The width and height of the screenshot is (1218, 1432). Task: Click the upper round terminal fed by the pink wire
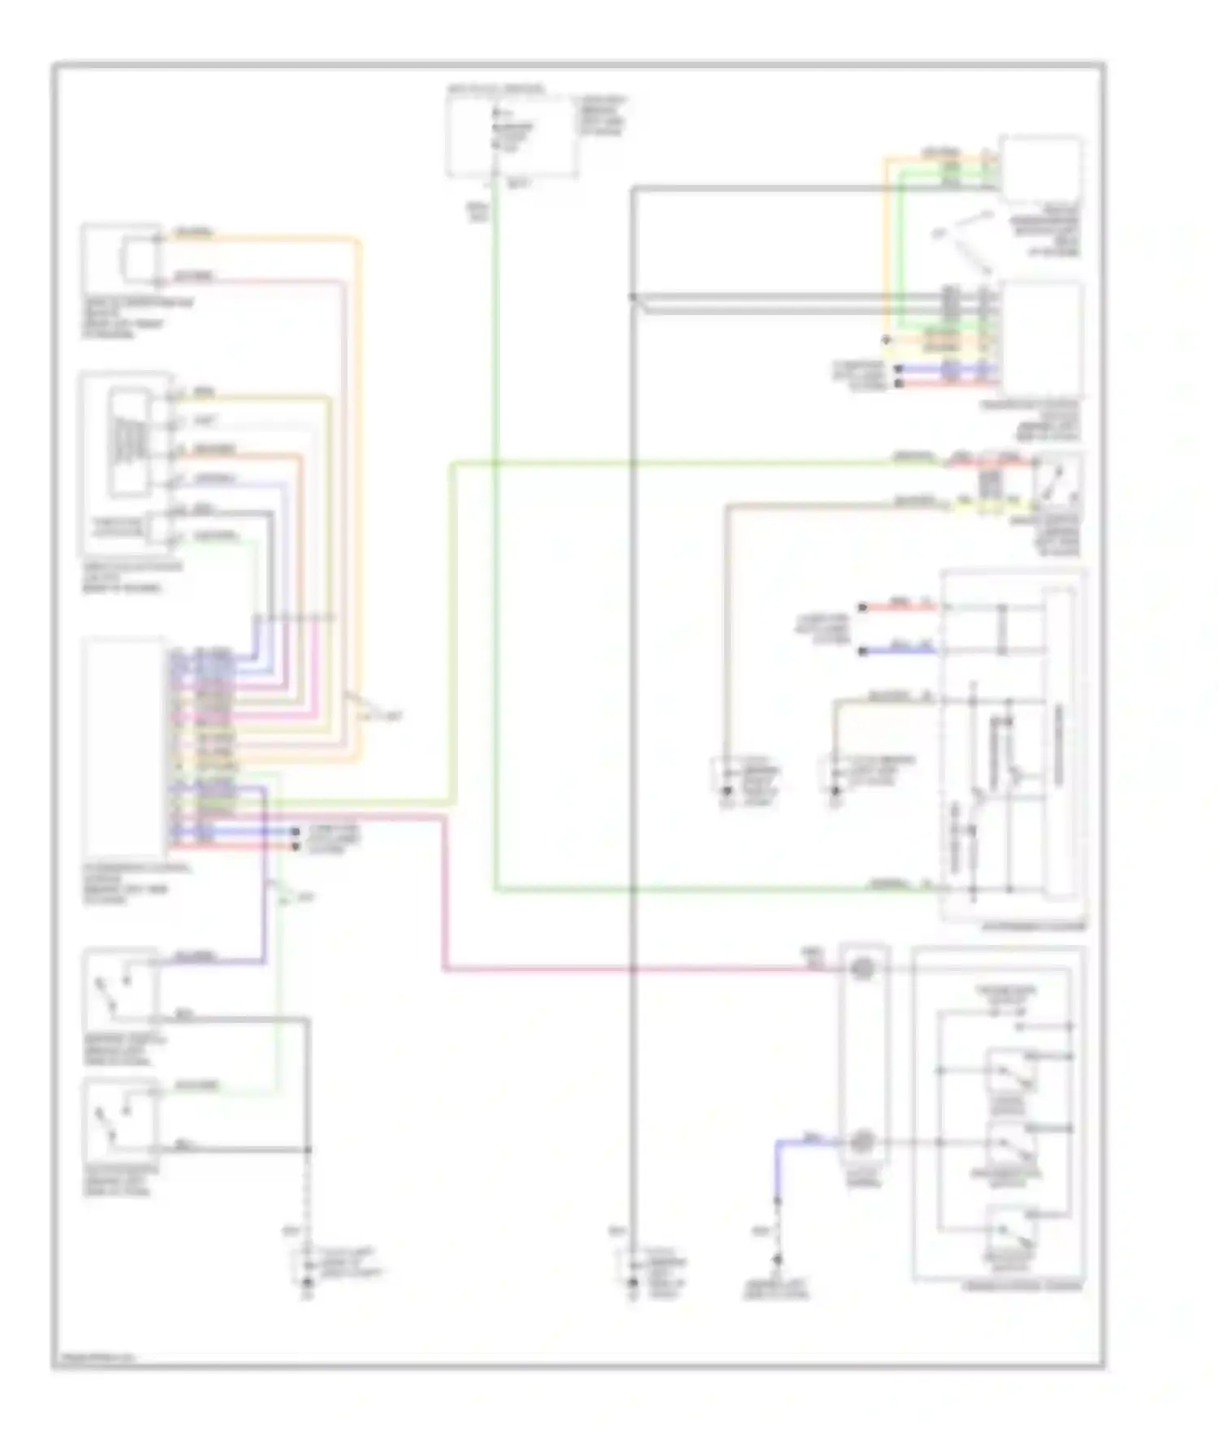(x=863, y=968)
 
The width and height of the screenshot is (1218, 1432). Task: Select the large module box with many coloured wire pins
(x=124, y=747)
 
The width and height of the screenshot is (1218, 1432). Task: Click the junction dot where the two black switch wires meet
(x=308, y=1149)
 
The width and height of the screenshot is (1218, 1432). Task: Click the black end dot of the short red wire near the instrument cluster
(x=862, y=607)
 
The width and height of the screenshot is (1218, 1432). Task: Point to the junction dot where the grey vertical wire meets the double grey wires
(x=632, y=297)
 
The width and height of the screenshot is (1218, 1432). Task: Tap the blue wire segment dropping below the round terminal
(x=778, y=1169)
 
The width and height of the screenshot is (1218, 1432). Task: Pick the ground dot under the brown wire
(x=727, y=789)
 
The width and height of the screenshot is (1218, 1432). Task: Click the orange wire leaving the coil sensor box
(x=268, y=239)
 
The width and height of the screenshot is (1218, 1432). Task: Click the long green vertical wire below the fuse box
(x=495, y=568)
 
